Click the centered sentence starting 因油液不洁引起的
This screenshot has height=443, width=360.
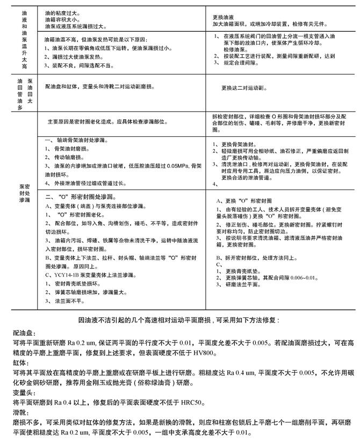pos(179,319)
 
